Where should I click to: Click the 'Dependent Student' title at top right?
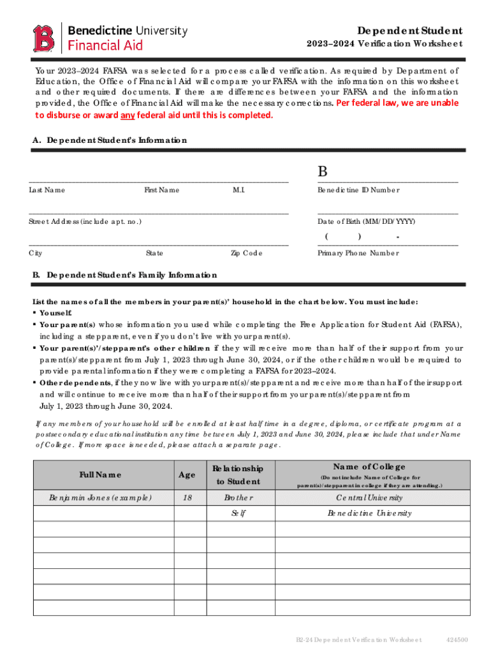pos(410,31)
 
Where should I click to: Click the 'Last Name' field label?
pos(47,190)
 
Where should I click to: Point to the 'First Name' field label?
pos(161,190)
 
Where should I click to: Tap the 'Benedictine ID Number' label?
pos(358,190)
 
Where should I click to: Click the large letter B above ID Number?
pos(323,173)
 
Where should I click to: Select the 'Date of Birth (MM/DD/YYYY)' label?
pos(367,221)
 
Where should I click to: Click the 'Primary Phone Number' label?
pos(358,253)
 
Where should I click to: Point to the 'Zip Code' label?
pos(246,253)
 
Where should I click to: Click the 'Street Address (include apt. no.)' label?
pos(85,221)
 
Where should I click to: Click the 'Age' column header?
pos(187,474)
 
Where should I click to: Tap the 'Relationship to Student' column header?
pos(238,475)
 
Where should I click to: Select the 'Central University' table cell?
pos(369,497)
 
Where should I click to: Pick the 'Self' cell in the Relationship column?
pos(238,513)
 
